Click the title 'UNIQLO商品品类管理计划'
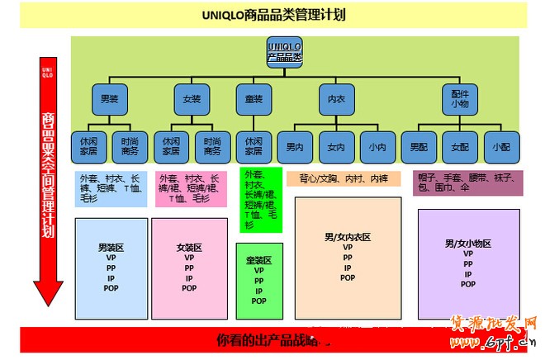click(x=273, y=15)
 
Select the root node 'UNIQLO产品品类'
click(x=285, y=51)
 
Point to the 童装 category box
click(x=254, y=99)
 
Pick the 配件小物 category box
click(x=460, y=99)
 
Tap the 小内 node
click(x=377, y=147)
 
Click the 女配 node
click(x=460, y=147)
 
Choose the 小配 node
click(x=501, y=147)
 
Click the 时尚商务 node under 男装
click(x=130, y=146)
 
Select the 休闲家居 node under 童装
click(x=254, y=146)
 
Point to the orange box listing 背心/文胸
click(x=344, y=178)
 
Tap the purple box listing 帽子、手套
click(x=468, y=182)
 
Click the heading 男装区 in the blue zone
click(x=111, y=247)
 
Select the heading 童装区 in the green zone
click(x=258, y=259)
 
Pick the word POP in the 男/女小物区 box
click(x=468, y=284)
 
